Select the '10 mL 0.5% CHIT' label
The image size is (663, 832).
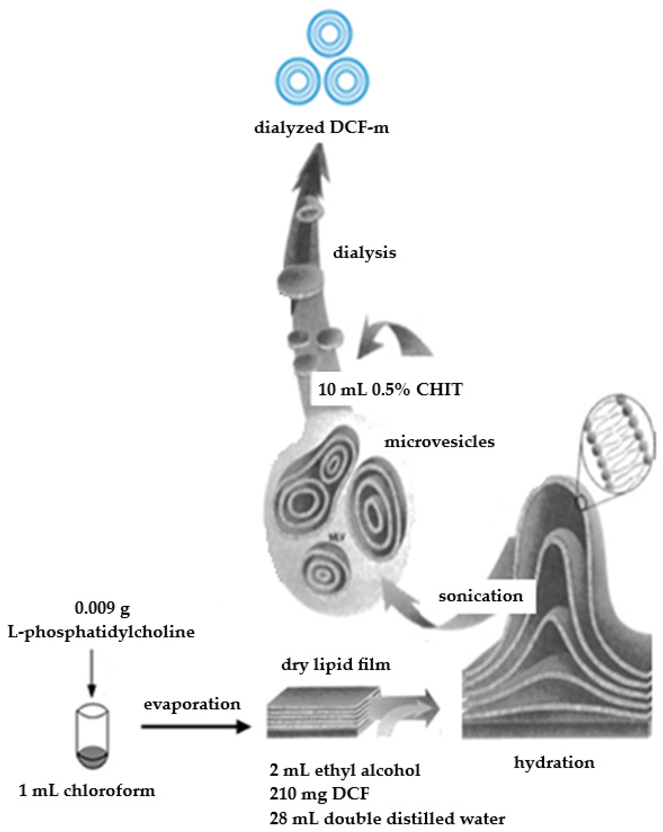(x=390, y=390)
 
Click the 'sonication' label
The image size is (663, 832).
(x=481, y=596)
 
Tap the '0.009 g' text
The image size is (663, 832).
(x=102, y=609)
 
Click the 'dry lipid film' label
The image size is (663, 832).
(x=336, y=664)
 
